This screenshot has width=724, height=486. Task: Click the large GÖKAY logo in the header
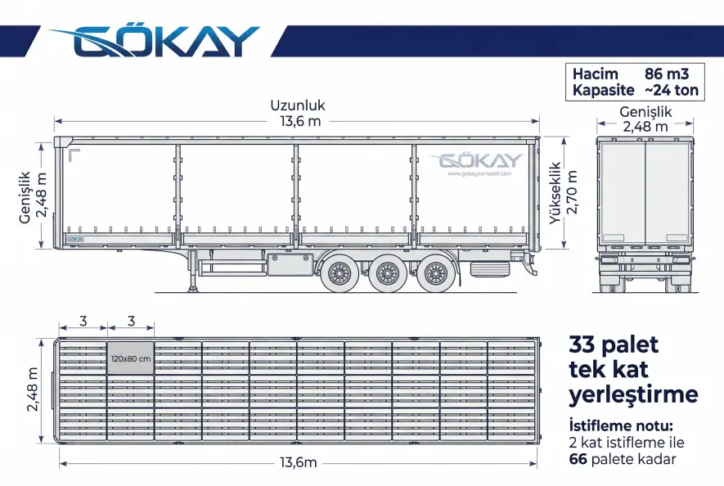(155, 42)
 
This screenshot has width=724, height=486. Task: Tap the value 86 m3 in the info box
(666, 74)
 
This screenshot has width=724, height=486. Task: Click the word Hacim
(596, 74)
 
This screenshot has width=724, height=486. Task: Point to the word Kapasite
(604, 90)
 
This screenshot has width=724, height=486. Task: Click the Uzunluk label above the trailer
(298, 106)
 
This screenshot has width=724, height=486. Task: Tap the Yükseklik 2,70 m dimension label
(564, 192)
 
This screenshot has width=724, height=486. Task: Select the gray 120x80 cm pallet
(131, 358)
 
